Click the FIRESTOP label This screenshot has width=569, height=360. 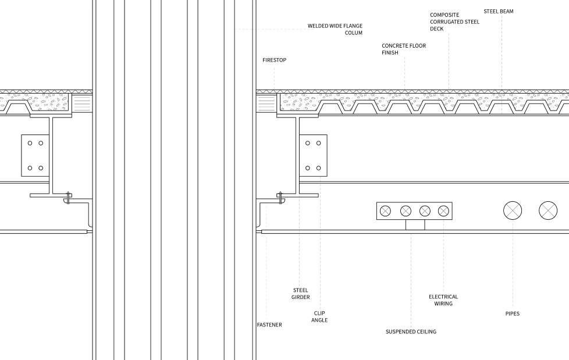point(274,60)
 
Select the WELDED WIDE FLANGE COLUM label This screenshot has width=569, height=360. point(335,30)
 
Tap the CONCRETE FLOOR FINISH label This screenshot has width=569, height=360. point(404,49)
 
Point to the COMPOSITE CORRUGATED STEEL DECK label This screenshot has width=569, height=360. point(454,22)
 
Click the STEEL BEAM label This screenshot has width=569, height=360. point(498,11)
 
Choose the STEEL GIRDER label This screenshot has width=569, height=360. point(300,294)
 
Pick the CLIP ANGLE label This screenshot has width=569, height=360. point(319,316)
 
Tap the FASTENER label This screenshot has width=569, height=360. point(269,325)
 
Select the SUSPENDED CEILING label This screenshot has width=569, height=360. point(411,332)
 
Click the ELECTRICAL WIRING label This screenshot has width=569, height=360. point(443,300)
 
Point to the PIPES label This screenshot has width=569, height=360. point(512,313)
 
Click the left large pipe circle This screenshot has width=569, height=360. point(513,211)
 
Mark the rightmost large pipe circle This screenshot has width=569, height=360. point(548,211)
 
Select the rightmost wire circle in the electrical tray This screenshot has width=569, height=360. point(443,211)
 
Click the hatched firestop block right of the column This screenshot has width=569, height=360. point(266,104)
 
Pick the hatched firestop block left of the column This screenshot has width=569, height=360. point(82,104)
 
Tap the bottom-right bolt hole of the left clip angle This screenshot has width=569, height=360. point(40,168)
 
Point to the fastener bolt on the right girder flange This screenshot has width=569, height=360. point(281,198)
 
